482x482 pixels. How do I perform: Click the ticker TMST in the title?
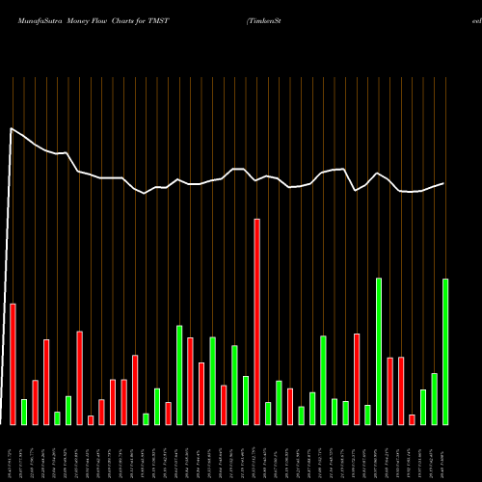tap(170, 20)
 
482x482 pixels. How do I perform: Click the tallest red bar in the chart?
tap(256, 321)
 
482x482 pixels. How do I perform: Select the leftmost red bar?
tap(13, 363)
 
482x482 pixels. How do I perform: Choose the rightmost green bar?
tap(445, 351)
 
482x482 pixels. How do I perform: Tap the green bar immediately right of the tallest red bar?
tap(268, 413)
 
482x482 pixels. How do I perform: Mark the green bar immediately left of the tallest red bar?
tap(246, 400)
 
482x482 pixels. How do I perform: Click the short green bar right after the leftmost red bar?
tap(24, 412)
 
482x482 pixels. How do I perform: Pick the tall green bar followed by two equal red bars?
tap(379, 351)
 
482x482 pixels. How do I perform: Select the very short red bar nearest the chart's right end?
tap(412, 419)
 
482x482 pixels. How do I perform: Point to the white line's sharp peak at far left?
tap(12, 128)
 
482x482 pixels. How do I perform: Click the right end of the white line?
tap(444, 183)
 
